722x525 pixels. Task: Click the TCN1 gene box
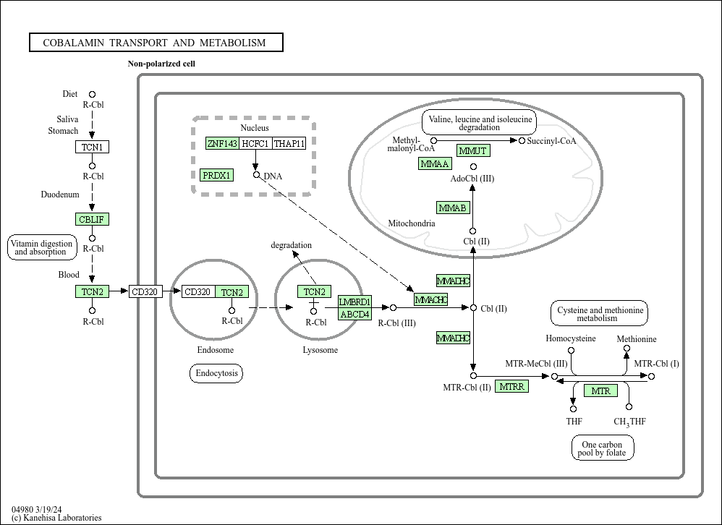click(x=92, y=148)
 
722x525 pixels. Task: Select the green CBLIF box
click(x=92, y=219)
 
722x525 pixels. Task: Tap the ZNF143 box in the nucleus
click(x=222, y=143)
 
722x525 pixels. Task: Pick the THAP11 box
click(x=289, y=143)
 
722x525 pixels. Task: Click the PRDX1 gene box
click(x=217, y=175)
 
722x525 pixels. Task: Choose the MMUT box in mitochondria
click(x=473, y=150)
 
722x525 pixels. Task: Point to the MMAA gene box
click(x=435, y=164)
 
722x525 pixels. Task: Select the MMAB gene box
click(x=453, y=208)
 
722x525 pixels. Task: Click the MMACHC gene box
click(x=431, y=299)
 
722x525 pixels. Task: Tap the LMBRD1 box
click(x=354, y=302)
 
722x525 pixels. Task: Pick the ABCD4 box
click(x=354, y=314)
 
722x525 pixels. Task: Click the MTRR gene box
click(x=512, y=387)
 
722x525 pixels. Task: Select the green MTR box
click(x=600, y=391)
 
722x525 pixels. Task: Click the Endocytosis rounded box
click(x=216, y=373)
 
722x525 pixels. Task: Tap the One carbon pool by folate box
click(x=602, y=449)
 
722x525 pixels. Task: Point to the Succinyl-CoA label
click(x=551, y=141)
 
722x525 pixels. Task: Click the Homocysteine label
click(x=571, y=338)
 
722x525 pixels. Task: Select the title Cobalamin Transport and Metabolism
click(x=156, y=43)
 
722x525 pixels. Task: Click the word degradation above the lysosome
click(x=292, y=245)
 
